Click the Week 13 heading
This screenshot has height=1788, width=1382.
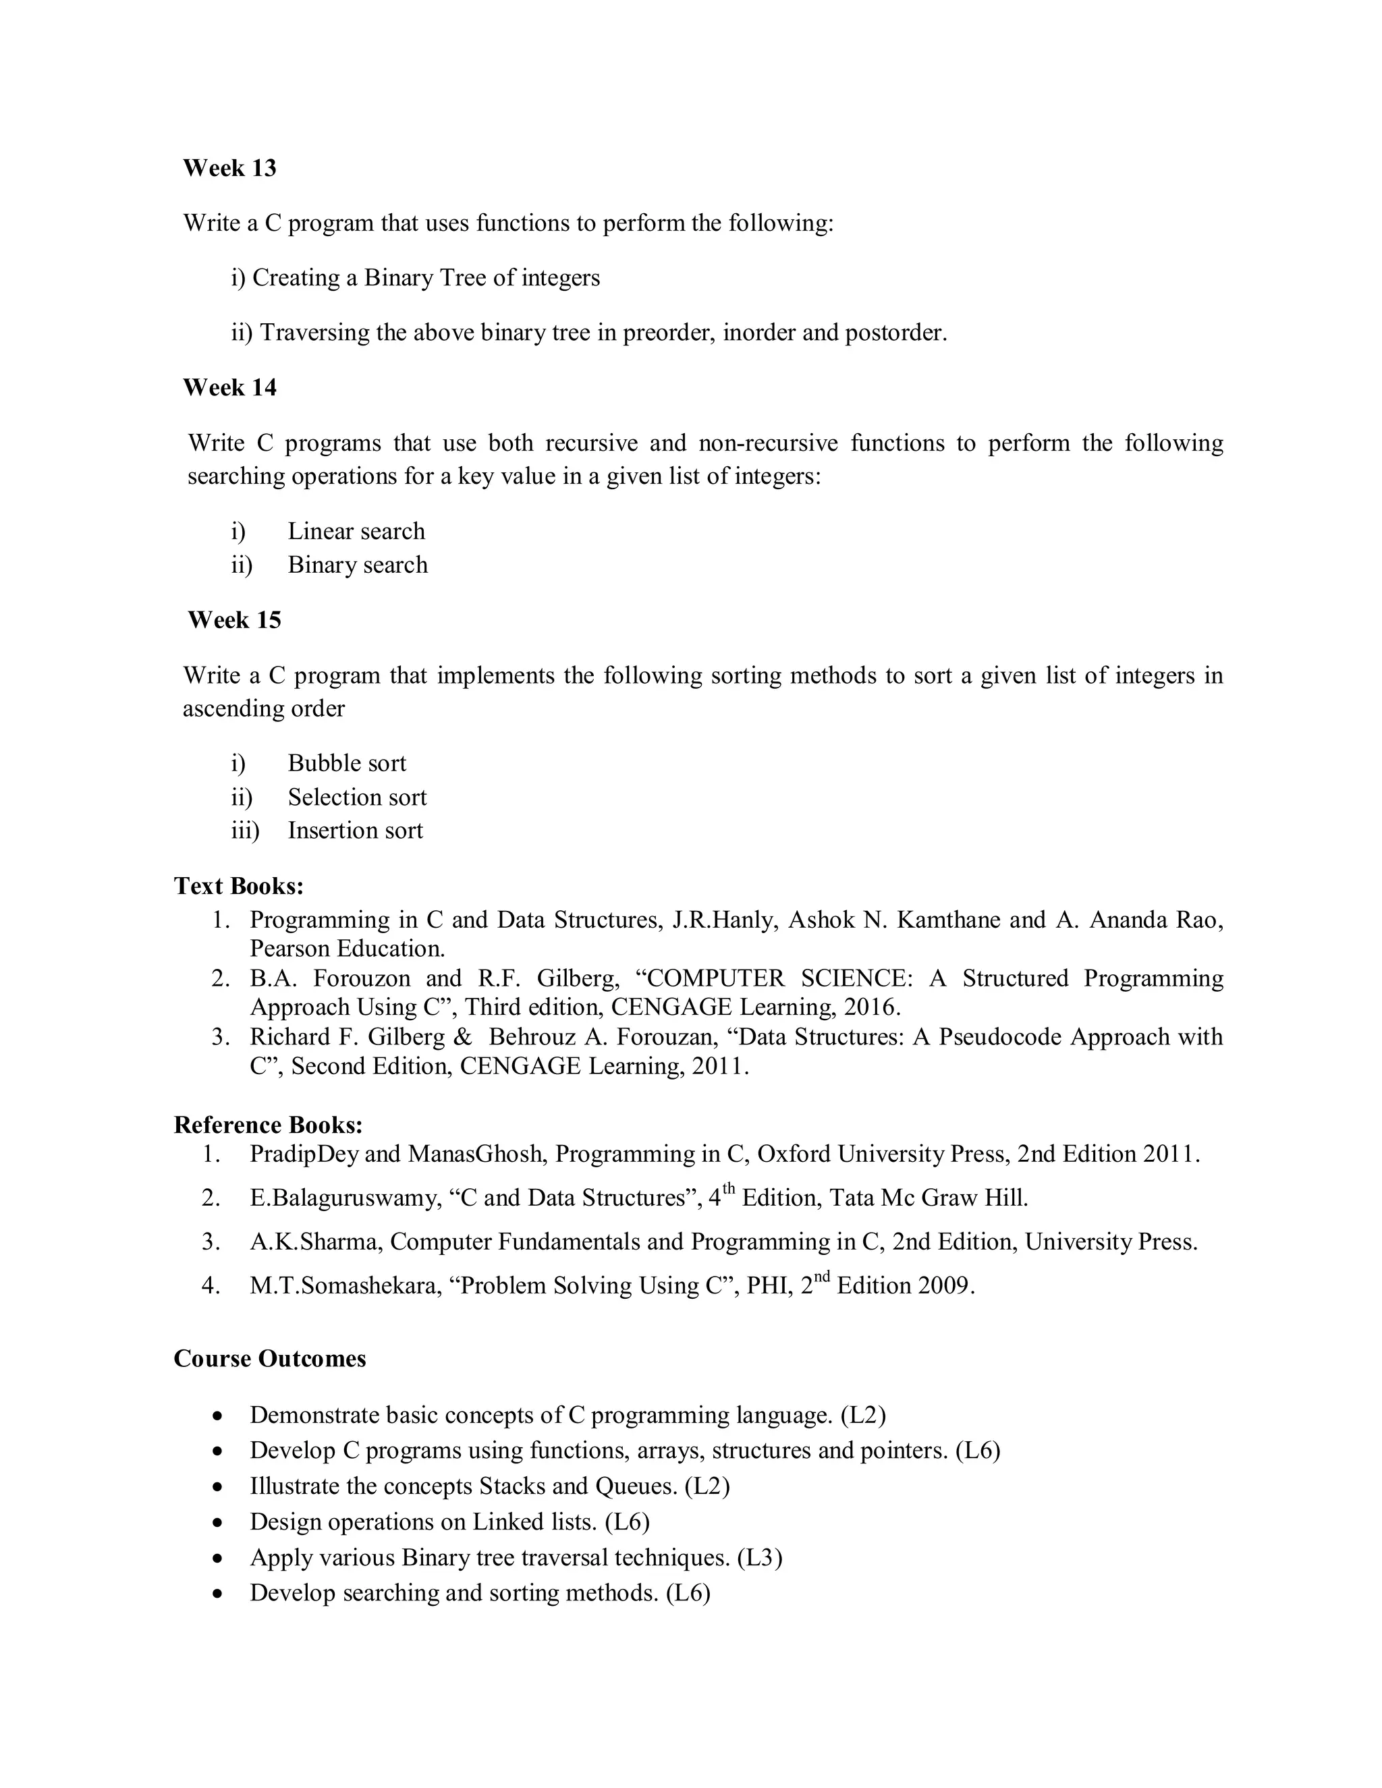[229, 168]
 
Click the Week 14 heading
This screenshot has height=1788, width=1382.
[229, 387]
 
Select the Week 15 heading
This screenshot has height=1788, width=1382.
[234, 620]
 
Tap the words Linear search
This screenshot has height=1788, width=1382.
[356, 531]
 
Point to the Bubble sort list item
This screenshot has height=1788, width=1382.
[346, 763]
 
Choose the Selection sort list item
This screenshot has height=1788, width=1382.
[357, 798]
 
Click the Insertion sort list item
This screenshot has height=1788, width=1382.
[356, 830]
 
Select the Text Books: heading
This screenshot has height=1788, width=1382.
[239, 886]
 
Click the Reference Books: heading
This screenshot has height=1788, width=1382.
[269, 1125]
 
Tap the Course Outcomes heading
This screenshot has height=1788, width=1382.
[269, 1358]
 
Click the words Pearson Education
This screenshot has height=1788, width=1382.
[347, 949]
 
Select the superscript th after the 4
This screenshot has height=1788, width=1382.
[729, 1189]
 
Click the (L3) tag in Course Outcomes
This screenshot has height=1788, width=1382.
[760, 1557]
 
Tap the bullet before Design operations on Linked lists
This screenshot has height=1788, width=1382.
[217, 1523]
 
